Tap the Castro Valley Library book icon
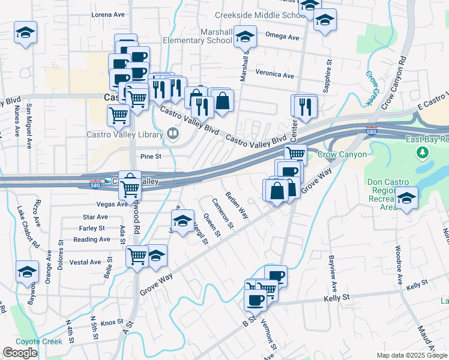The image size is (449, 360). coord(173,133)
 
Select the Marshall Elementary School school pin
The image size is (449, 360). coord(245,37)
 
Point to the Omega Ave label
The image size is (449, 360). coord(285,37)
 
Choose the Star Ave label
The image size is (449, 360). coord(96,217)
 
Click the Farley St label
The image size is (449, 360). coord(92,228)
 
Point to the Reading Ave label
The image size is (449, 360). coord(91,239)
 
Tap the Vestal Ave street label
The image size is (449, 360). coord(85,262)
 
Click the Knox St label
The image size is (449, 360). coord(112,323)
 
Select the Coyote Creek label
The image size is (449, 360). coord(39,341)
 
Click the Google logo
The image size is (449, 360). coord(20,353)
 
